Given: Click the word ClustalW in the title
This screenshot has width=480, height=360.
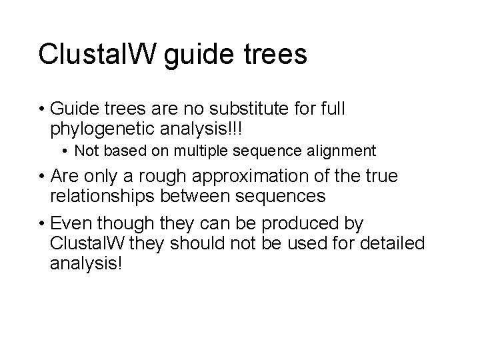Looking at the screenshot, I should click(97, 54).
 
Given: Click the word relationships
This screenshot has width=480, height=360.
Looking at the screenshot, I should click(111, 196).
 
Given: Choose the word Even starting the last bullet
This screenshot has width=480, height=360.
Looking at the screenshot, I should click(71, 223).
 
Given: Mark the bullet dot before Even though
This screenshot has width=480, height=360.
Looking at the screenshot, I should click(41, 223).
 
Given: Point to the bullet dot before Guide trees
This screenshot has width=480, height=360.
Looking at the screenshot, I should click(41, 109).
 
